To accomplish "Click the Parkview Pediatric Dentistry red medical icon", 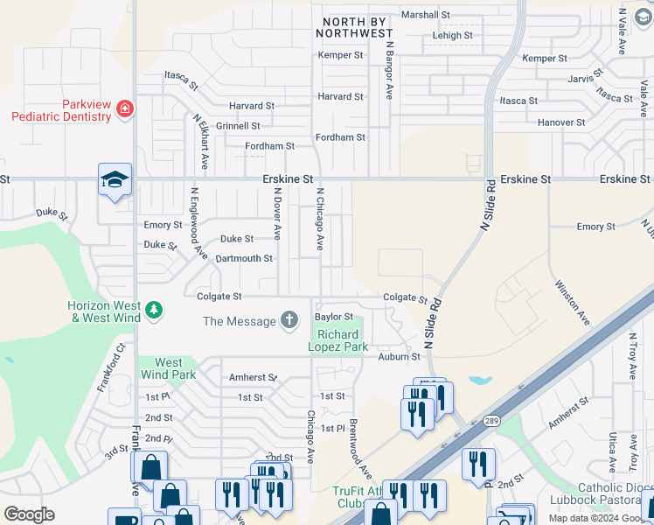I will click(126, 108).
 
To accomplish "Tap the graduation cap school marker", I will click(115, 179).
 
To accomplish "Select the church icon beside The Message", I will click(289, 321).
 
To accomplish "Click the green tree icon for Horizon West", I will click(154, 310).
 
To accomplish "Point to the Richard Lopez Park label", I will click(337, 340).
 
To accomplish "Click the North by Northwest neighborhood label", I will click(358, 26).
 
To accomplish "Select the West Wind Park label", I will click(169, 368).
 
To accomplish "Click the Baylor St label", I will click(334, 317).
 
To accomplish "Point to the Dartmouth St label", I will click(244, 259).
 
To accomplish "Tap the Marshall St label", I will click(425, 15).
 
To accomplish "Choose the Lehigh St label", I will click(452, 36).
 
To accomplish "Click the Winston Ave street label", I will click(572, 301).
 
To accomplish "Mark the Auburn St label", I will click(400, 356).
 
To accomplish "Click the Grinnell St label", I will click(238, 126).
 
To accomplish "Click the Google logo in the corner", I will click(29, 514).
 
